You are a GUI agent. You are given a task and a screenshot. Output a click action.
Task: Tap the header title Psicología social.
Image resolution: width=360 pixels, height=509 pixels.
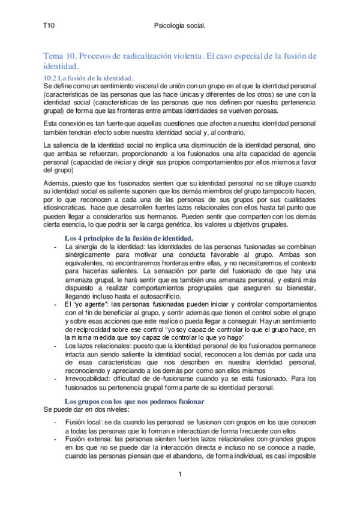pyautogui.click(x=180, y=26)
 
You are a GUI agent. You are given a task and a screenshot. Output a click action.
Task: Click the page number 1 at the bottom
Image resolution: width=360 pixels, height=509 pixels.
pyautogui.click(x=180, y=475)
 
